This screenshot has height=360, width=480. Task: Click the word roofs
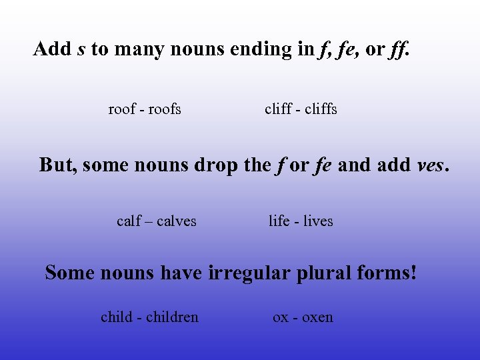pos(165,109)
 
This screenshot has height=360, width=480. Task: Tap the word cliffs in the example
pos(320,109)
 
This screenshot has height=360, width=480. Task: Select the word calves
pos(176,221)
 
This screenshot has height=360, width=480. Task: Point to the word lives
pos(318,221)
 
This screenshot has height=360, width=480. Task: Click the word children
pos(172,317)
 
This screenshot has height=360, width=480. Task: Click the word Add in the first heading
pos(53,49)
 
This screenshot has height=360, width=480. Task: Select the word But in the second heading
pos(58,165)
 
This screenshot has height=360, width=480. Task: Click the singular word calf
pos(129,221)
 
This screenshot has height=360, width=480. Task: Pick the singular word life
pos(279,221)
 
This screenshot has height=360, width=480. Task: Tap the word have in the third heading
pos(181,273)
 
